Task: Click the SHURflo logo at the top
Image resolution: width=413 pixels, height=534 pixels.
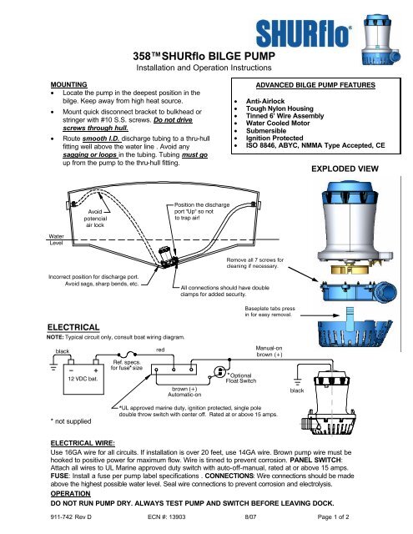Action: point(304,33)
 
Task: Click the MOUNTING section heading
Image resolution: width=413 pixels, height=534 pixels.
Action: point(68,84)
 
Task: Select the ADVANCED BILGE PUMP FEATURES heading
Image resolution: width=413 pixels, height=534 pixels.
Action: point(315,85)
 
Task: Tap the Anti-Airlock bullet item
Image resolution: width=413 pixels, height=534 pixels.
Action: point(265,101)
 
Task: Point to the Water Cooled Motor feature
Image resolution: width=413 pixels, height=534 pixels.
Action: point(278,123)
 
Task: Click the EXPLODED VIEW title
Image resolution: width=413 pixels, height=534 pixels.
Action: point(345,169)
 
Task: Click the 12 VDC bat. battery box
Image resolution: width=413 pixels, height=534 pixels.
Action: point(83,379)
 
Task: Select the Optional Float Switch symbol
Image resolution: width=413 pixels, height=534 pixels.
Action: point(219,371)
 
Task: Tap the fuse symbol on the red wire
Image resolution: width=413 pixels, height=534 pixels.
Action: point(127,355)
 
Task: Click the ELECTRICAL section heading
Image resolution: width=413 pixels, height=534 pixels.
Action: point(73,327)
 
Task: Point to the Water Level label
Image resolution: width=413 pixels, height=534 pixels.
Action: point(56,239)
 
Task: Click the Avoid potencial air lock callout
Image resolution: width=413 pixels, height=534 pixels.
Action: point(95,219)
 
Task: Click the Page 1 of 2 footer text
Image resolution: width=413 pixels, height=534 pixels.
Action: point(333,517)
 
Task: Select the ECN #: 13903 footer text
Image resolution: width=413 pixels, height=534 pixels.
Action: point(167,517)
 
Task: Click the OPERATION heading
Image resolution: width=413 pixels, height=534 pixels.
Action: point(70,493)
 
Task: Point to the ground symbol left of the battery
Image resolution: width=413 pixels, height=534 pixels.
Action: point(53,367)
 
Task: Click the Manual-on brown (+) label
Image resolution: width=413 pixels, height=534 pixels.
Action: point(269,351)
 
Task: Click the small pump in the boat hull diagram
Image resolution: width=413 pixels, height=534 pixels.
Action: point(168,257)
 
